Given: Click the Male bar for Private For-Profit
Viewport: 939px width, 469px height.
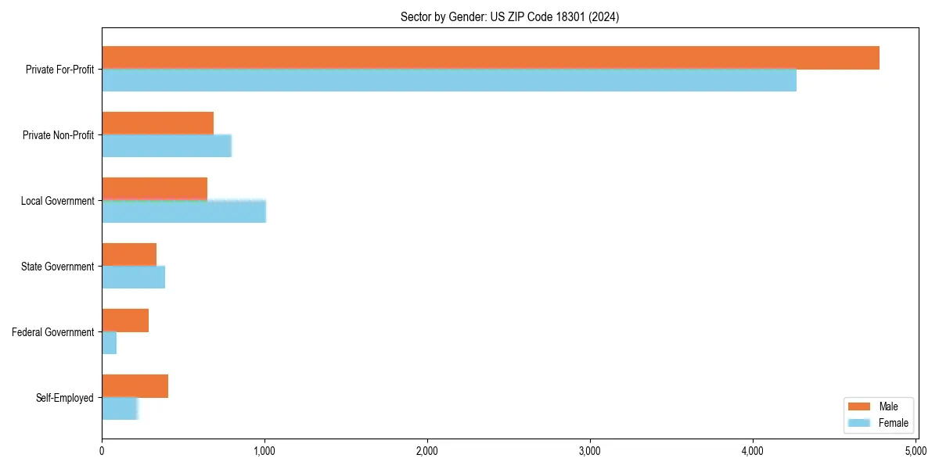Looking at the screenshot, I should click(x=491, y=58).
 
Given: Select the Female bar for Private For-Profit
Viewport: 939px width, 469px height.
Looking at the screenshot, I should click(x=449, y=81).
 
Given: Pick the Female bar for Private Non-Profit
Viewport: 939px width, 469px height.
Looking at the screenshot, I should click(x=167, y=146).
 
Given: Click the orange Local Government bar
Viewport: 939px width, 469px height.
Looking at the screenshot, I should click(x=154, y=188).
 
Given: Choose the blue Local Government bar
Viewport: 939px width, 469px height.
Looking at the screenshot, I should click(x=184, y=212).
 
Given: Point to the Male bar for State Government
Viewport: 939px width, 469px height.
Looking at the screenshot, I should click(x=129, y=255).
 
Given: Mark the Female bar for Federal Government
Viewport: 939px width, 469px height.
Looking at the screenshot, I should click(x=109, y=343).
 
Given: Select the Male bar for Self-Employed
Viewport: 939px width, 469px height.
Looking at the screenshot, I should click(x=135, y=386).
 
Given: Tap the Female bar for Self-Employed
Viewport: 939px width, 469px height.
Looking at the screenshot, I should click(x=120, y=409).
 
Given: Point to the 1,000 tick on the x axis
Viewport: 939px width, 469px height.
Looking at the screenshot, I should click(x=264, y=451).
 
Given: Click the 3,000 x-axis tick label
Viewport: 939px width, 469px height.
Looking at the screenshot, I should click(x=590, y=451).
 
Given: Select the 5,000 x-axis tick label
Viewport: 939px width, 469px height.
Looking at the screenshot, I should click(x=915, y=451).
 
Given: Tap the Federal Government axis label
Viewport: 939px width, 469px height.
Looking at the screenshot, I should click(x=53, y=332).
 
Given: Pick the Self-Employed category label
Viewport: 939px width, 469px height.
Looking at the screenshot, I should click(x=65, y=398).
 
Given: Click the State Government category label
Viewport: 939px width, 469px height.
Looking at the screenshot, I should click(x=58, y=267).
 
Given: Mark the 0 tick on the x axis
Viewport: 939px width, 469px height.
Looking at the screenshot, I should click(x=102, y=451).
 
